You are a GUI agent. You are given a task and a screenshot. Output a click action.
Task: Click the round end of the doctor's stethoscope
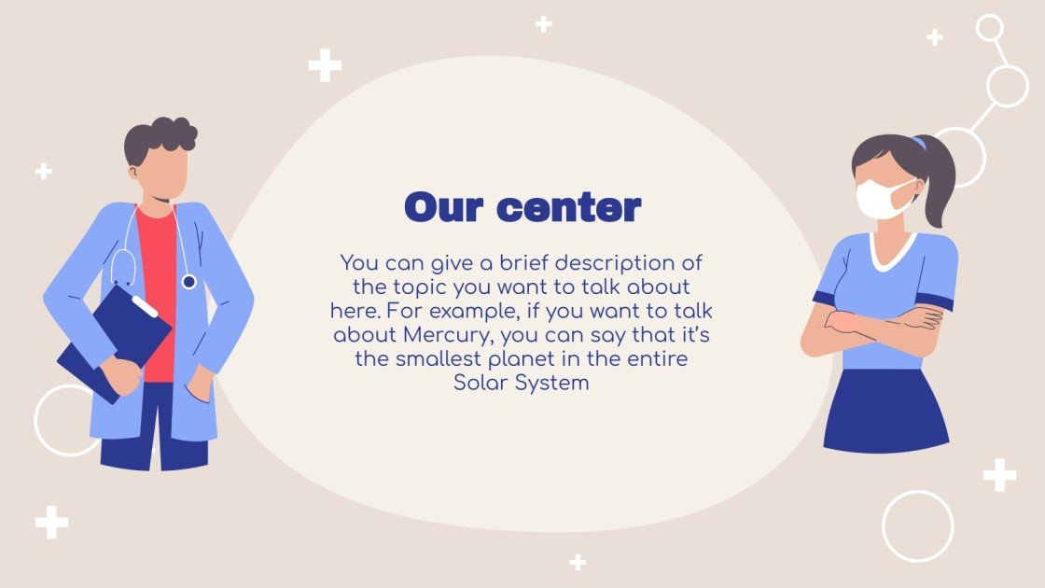[x=188, y=280]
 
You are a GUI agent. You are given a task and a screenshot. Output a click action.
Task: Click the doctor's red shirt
[x=158, y=280]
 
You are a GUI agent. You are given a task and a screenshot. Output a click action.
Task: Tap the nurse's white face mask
[x=882, y=199]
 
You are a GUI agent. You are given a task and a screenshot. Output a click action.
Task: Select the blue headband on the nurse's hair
[x=919, y=144]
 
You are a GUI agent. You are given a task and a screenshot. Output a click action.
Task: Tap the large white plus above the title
[x=325, y=65]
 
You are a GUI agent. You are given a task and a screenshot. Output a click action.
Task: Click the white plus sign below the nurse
[x=999, y=475]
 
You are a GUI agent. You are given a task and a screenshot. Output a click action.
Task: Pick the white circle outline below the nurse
[x=917, y=525]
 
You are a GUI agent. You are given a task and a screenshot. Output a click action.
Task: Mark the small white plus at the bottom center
[x=578, y=562]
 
